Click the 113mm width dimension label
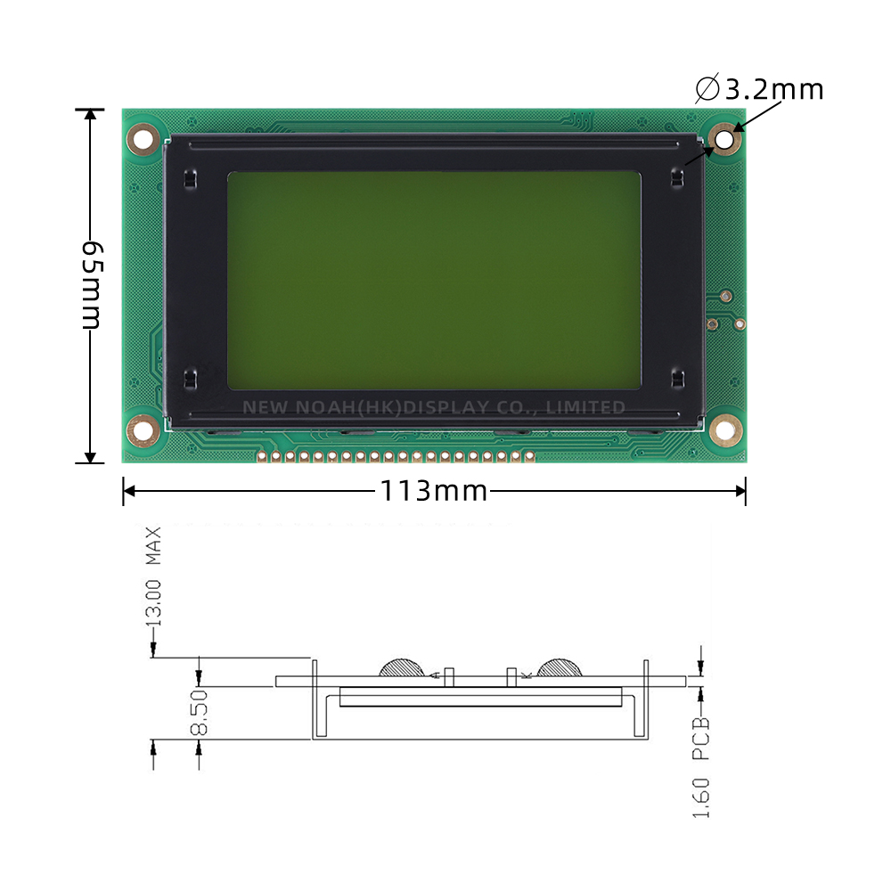pos(434,491)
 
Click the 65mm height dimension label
pos(92,285)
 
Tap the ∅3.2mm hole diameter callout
pos(759,90)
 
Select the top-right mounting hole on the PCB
pos(725,140)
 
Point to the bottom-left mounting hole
pos(143,430)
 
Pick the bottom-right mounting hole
pos(725,431)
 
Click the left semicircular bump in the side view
pos(404,667)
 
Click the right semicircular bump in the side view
pos(559,667)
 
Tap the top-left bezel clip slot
pos(188,178)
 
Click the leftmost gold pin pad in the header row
pos(262,457)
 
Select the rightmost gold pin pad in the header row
pos(529,457)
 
